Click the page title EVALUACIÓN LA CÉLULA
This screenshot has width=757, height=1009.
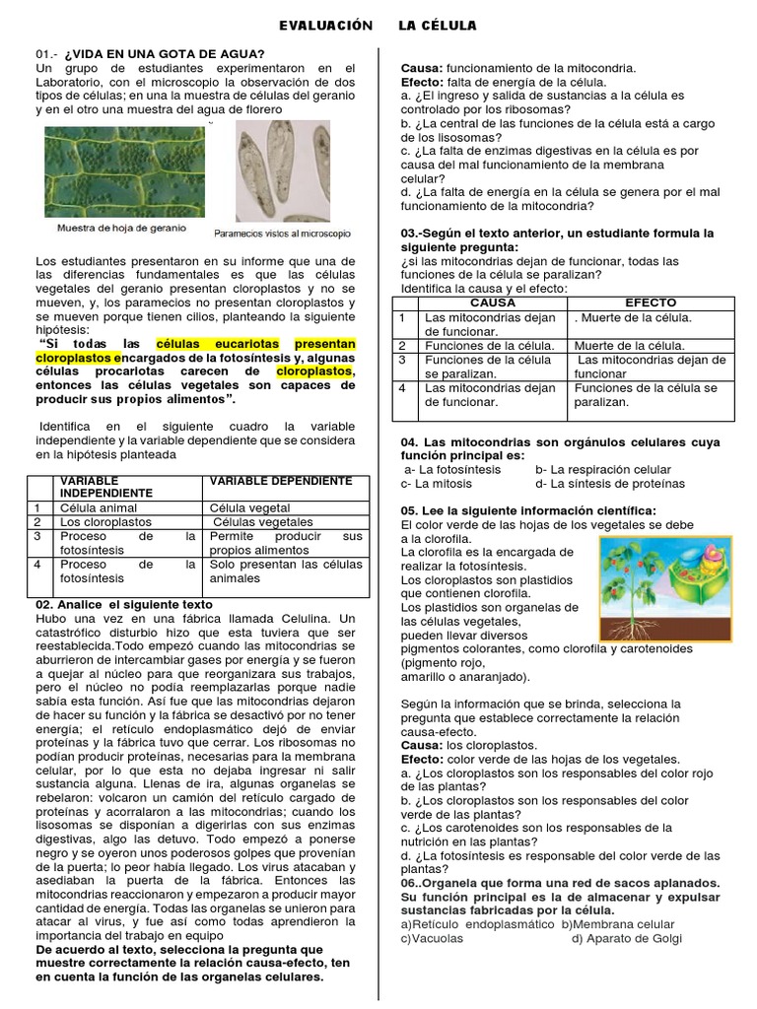coord(378,25)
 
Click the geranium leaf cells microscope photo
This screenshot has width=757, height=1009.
coord(121,170)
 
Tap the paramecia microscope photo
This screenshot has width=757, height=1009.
coord(282,173)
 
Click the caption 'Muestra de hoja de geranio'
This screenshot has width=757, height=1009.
coord(121,228)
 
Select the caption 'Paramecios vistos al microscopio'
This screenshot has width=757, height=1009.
coord(282,234)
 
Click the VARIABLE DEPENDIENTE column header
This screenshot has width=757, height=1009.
coord(280,481)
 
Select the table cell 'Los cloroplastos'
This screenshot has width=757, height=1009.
coord(103,521)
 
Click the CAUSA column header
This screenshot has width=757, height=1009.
coord(494,303)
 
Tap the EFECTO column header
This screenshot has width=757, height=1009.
coord(651,303)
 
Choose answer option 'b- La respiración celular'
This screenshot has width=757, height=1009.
coord(603,470)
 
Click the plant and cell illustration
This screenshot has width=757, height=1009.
coord(666,588)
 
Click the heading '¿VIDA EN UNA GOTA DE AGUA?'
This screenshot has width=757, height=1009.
coord(164,53)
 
